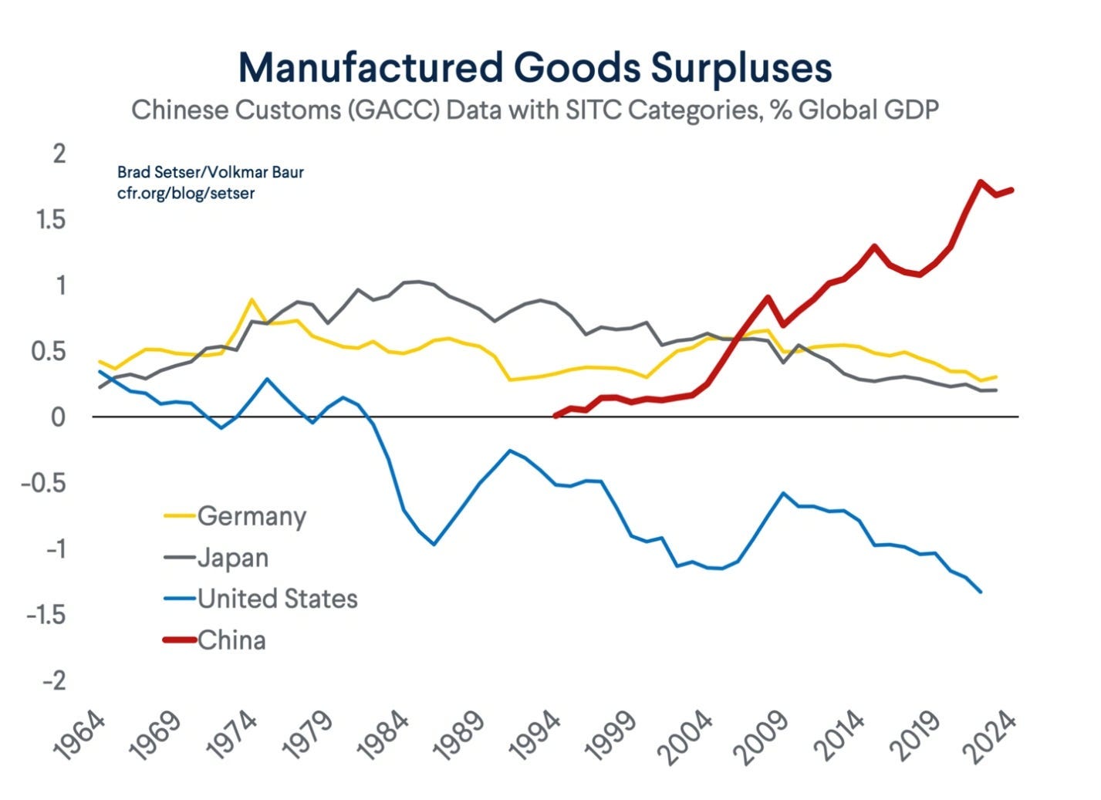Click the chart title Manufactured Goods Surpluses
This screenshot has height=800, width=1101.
pos(535,67)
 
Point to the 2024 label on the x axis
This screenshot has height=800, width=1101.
pos(992,737)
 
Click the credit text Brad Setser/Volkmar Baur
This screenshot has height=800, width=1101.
pos(210,171)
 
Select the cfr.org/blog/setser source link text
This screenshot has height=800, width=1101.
pos(185,193)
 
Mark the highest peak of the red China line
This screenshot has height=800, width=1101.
pos(980,183)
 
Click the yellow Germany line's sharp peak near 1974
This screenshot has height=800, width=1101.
pos(252,299)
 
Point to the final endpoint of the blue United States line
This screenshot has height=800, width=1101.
pos(980,592)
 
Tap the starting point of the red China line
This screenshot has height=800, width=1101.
pos(556,415)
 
